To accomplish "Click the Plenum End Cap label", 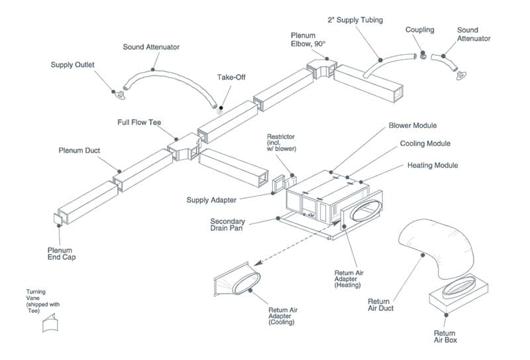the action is coord(62,254).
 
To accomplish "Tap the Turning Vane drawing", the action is coord(50,323).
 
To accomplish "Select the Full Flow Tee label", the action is coord(139,122).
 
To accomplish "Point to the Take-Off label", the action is coord(231,77).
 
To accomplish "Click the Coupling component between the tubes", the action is coord(423,55).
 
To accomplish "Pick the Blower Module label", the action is coord(413,125).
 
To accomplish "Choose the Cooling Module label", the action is coord(425,143).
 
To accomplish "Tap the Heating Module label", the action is coord(433,166).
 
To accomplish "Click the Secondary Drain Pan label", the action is coord(227,225).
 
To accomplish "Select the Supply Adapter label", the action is coord(211,200).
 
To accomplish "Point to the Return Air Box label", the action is coord(445,337).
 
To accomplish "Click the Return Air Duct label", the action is coord(380,305).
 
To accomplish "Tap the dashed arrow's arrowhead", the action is coord(258,263).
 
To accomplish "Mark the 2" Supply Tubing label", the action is coord(355,20).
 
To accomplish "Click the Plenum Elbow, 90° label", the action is coord(308,40).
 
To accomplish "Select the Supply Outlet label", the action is coord(72,64).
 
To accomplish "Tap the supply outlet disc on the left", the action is coord(120,95).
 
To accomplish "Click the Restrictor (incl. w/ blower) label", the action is coord(281,143).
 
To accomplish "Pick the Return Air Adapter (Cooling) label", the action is coord(283,316).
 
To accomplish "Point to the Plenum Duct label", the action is coord(79,150).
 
